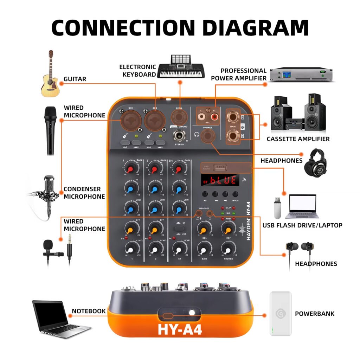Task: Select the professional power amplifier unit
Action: point(301,74)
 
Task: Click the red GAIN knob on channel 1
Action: point(130,170)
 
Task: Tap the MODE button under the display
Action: point(235,194)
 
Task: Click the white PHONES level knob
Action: point(228,250)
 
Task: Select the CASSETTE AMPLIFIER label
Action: point(298,139)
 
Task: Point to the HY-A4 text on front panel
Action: point(180,329)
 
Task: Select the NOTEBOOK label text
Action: point(89,311)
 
